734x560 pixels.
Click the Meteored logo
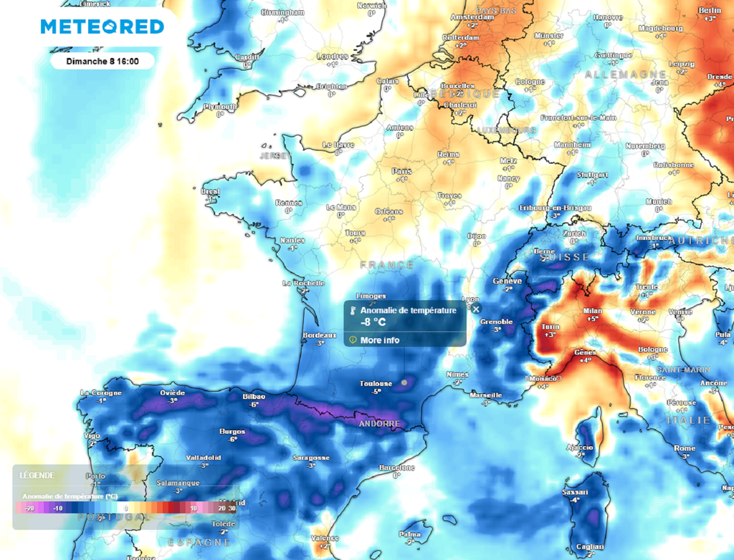point(102,27)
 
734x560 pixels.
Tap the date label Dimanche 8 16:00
point(102,62)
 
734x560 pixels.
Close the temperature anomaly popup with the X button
point(476,309)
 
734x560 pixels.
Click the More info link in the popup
point(380,340)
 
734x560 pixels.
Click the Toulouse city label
point(376,384)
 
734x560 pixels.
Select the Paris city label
point(401,171)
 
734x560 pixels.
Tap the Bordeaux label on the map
point(320,335)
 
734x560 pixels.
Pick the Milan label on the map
point(592,311)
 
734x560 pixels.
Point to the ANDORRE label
point(378,423)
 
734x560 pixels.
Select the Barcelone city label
point(396,468)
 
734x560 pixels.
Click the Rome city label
point(685,448)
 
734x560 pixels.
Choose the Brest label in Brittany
point(211,192)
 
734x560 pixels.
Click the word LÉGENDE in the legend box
point(35,475)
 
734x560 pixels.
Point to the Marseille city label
point(486,395)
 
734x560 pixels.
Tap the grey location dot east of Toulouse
point(404,382)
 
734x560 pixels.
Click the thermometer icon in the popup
point(353,311)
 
